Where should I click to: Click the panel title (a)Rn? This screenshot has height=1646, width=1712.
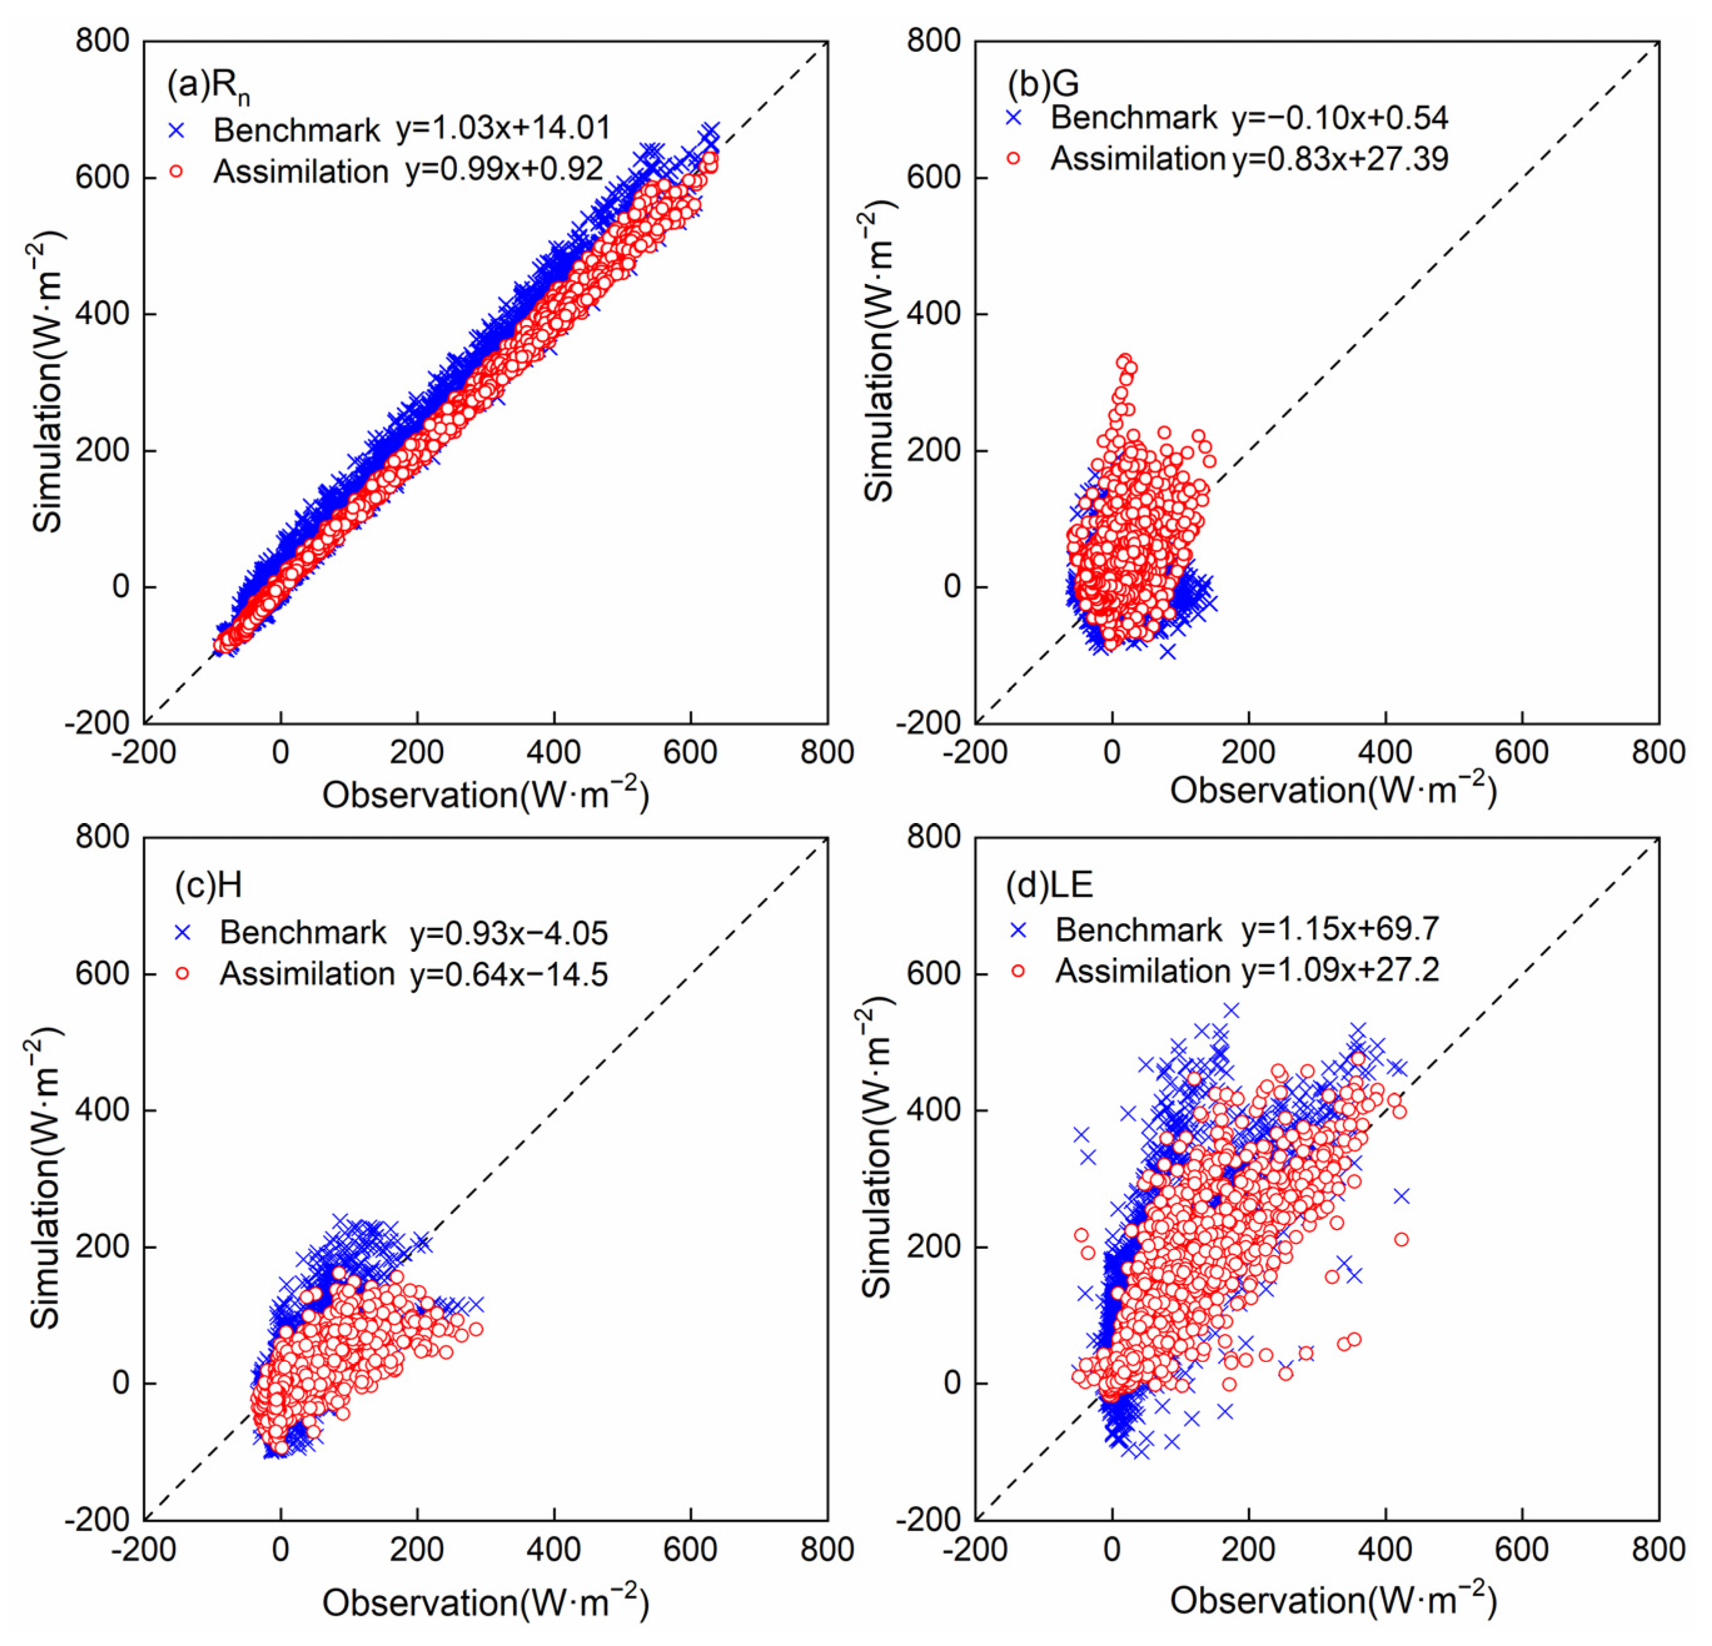click(x=208, y=86)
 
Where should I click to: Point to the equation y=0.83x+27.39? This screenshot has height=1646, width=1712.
click(x=1340, y=159)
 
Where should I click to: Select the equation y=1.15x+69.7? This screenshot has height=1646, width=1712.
click(x=1340, y=929)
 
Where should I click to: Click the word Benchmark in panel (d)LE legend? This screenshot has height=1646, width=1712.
click(x=1138, y=930)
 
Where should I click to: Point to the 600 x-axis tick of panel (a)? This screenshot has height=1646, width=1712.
click(x=690, y=753)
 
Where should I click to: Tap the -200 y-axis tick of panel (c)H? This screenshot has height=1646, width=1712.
click(x=96, y=1520)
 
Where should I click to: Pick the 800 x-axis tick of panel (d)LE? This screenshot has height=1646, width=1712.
click(x=1658, y=1550)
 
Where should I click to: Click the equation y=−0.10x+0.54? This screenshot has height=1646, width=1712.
click(x=1340, y=118)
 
